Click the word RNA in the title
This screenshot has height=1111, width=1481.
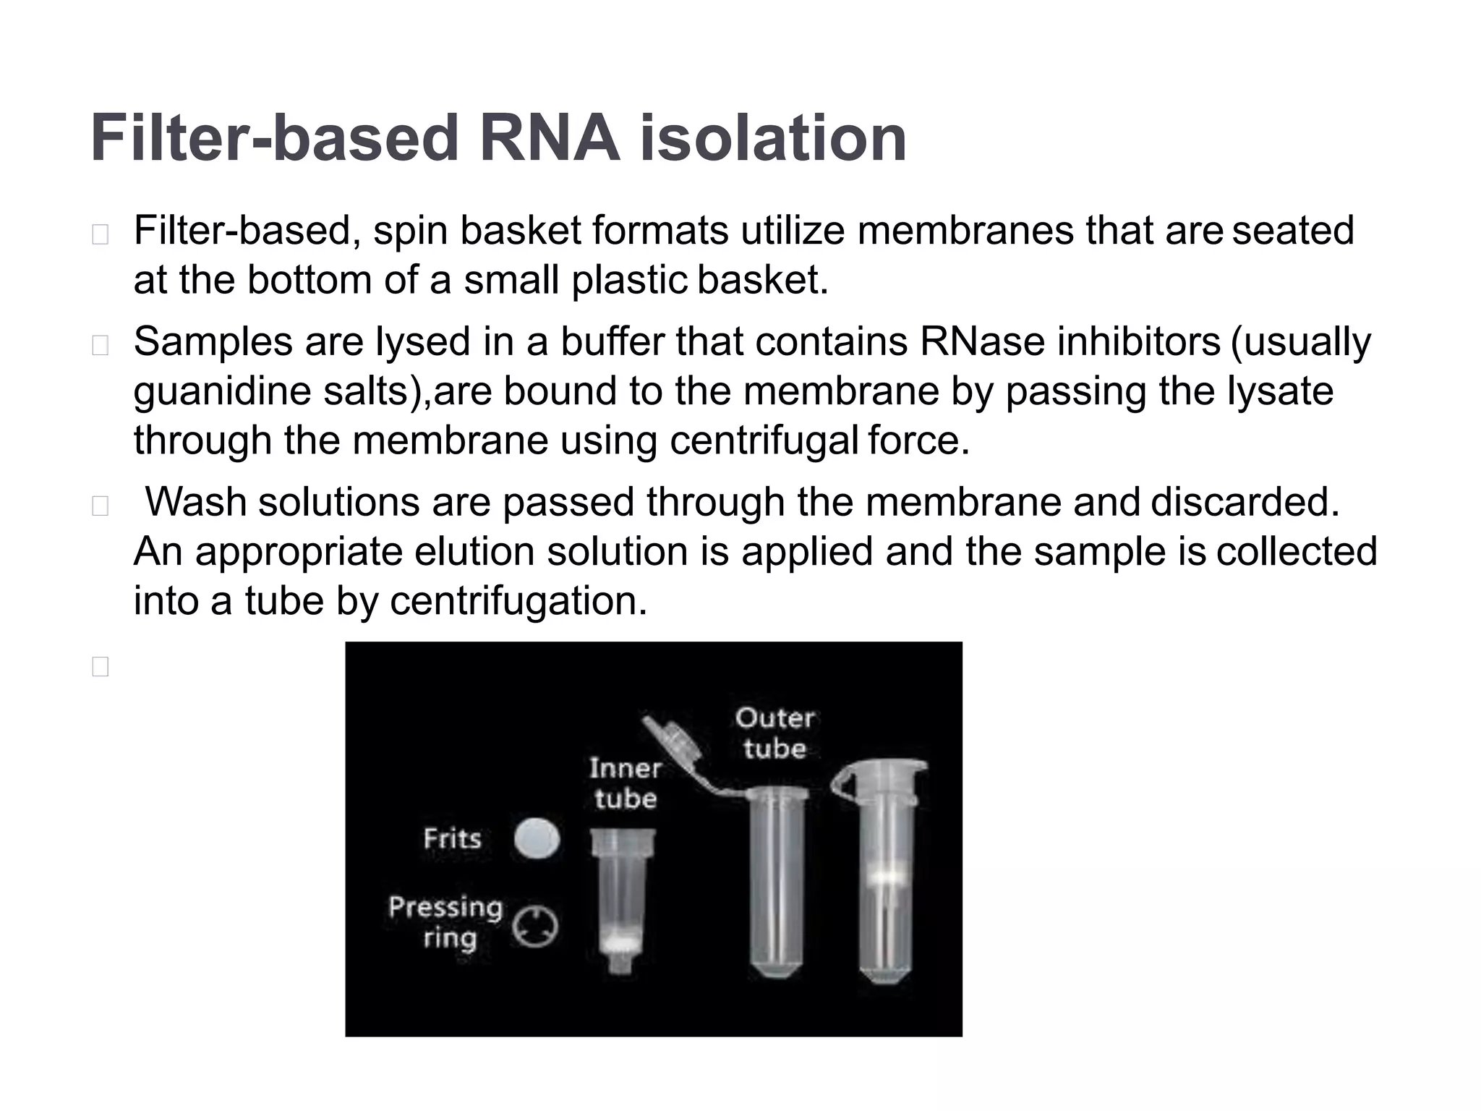[549, 138]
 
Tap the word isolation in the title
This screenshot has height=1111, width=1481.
[772, 138]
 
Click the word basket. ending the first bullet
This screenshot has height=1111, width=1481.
[763, 281]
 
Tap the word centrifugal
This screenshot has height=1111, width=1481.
[763, 441]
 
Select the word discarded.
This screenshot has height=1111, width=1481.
[1245, 502]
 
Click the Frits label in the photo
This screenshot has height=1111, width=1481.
[452, 839]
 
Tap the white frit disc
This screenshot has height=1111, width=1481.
[537, 839]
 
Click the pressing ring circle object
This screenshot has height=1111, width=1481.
[535, 927]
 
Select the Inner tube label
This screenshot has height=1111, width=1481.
[625, 783]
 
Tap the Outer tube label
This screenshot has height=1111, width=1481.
[774, 733]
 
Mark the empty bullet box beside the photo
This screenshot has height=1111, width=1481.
[101, 666]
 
